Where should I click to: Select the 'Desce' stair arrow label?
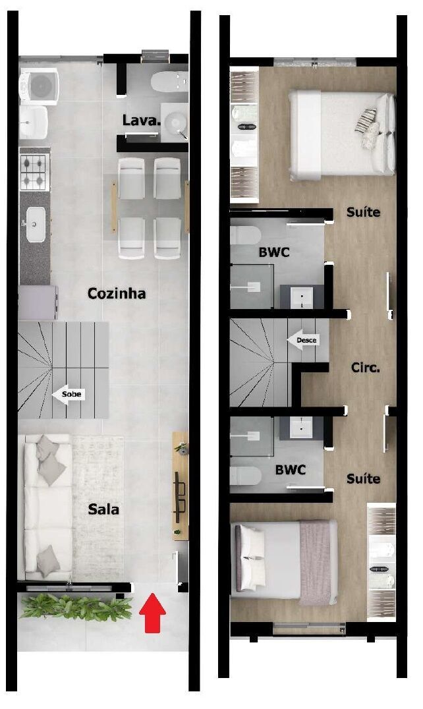point(305,340)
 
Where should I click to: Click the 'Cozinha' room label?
point(117,293)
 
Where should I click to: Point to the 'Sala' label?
point(104,509)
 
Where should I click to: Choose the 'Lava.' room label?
point(141,121)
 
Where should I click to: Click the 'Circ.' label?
point(365,368)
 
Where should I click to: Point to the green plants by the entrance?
point(72,606)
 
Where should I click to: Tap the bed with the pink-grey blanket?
point(285,561)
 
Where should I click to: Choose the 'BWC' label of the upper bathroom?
point(274,252)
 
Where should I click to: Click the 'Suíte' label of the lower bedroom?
point(363,478)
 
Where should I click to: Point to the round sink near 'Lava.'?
point(175,123)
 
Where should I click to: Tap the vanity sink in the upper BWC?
point(302,297)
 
